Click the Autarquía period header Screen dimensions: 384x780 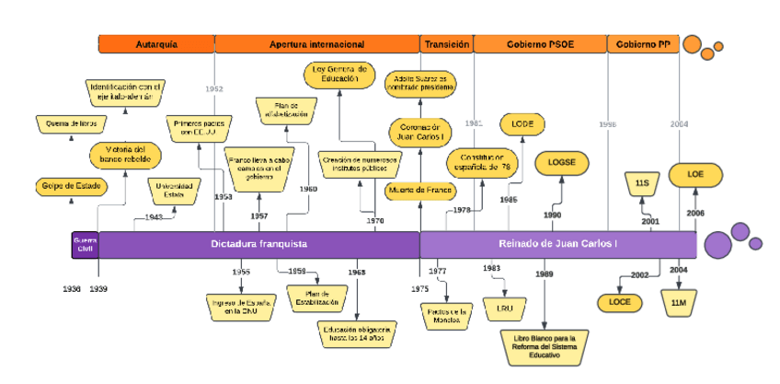coord(156,44)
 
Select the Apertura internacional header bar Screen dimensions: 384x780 coord(317,44)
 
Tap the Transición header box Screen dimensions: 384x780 coord(447,44)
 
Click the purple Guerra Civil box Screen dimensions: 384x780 coord(86,244)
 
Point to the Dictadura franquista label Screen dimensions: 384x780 coord(258,244)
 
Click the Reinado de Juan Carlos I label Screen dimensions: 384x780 coord(557,244)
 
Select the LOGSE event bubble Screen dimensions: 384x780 coord(561,162)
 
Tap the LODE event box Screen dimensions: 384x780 coord(522,123)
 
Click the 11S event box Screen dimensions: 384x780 coord(642,184)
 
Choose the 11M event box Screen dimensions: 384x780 coord(679,302)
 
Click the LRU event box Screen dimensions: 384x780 coord(504,307)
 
